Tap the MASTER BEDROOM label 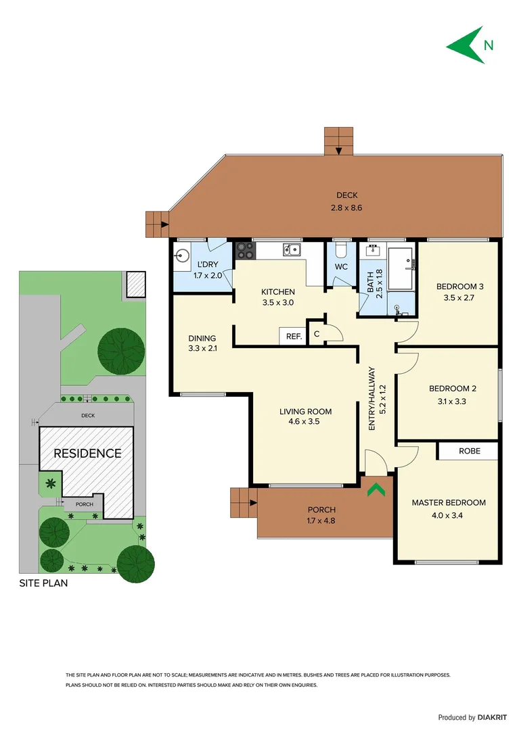coord(449,502)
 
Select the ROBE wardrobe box coord(469,451)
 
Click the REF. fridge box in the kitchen coord(293,336)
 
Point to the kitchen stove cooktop coord(244,251)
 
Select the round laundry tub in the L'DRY coord(182,256)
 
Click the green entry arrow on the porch coord(376,487)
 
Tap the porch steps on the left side coord(242,502)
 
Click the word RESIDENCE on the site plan coord(87,454)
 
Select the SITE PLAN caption coord(43,583)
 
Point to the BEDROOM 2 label coord(453,389)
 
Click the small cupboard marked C coord(317,334)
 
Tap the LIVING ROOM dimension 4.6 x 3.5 coord(305,421)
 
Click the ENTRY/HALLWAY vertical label coord(372,399)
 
